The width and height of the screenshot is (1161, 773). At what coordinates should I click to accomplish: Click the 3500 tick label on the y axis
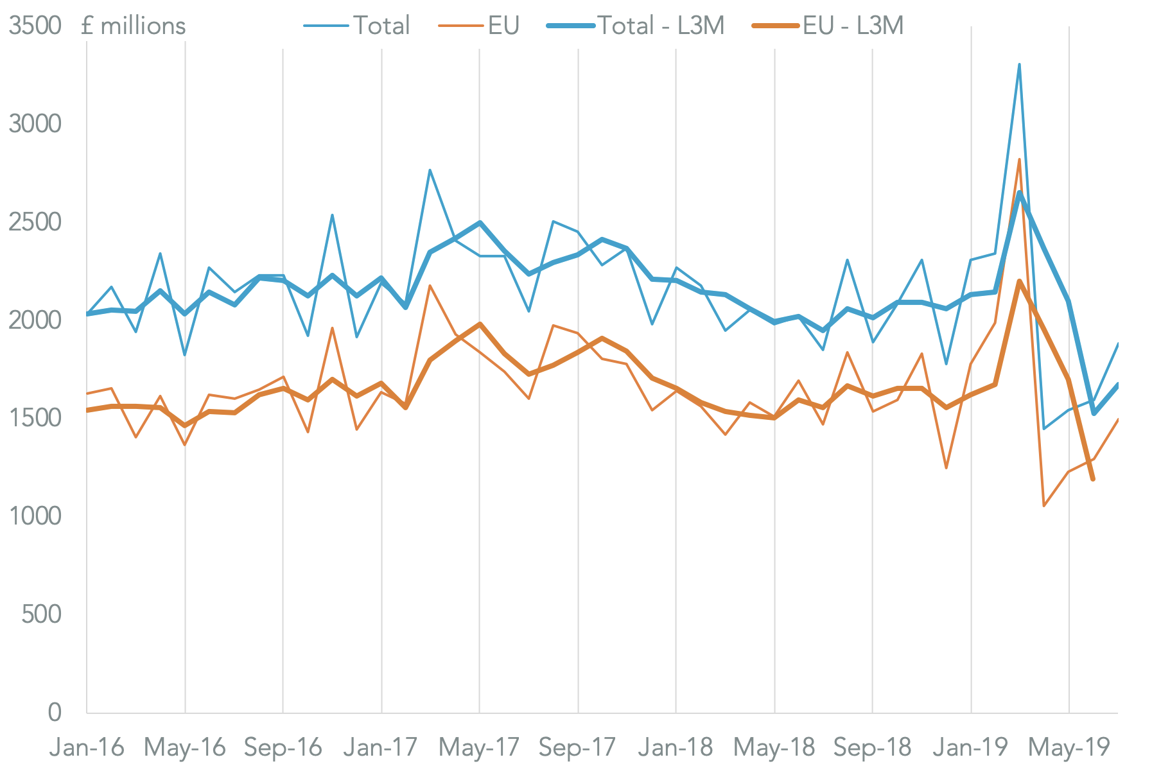(x=35, y=26)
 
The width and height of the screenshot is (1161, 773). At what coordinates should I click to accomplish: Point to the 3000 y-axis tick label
(x=35, y=124)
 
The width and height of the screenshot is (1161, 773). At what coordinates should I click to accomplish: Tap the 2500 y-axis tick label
(x=35, y=222)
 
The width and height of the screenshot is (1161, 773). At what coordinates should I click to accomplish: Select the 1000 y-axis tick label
(x=35, y=516)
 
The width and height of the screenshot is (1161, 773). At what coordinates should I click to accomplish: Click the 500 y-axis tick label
(x=41, y=614)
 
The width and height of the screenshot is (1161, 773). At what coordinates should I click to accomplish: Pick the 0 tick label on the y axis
(x=54, y=712)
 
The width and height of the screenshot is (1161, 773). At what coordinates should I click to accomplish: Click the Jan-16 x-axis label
(x=87, y=747)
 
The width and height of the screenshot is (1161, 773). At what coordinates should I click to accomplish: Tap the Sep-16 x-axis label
(x=283, y=747)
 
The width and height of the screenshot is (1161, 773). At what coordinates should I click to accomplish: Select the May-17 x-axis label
(x=479, y=747)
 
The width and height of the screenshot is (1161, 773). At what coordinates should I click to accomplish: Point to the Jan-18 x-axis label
(x=676, y=747)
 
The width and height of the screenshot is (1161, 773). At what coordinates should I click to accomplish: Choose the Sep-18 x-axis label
(x=872, y=747)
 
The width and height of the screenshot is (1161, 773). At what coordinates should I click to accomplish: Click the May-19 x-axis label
(x=1069, y=747)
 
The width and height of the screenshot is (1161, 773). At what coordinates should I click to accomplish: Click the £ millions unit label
(x=134, y=26)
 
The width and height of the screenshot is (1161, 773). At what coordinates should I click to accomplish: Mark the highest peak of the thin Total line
(x=1019, y=64)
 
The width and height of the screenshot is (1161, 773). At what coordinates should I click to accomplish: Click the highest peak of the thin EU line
(x=1019, y=159)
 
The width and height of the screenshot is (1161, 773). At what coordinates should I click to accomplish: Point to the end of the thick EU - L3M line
(x=1093, y=479)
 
